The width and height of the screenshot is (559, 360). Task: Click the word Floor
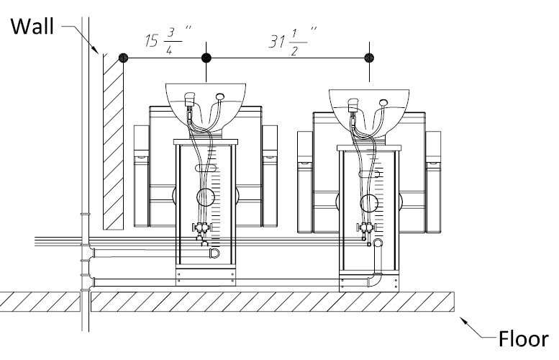point(523,338)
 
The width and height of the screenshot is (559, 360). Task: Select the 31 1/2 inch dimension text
point(291,40)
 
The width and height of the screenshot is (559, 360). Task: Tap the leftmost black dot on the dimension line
point(124,58)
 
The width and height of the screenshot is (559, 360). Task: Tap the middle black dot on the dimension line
point(206,58)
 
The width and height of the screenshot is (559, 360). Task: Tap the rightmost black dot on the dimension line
point(370,58)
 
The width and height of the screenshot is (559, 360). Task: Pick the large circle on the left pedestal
point(206,197)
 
